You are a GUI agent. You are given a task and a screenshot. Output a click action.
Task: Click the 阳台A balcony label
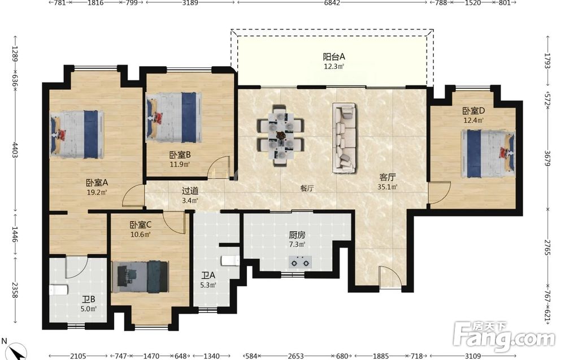pos(334,57)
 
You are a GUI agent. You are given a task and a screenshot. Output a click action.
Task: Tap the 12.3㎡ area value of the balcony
pos(334,66)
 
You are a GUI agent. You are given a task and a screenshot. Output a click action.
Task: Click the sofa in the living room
pos(344,137)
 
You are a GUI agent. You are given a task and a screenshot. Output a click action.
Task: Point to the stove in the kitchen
pos(300,262)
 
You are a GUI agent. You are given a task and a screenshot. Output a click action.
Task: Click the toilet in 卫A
pos(231,260)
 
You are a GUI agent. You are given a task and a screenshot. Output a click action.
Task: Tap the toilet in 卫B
pos(58,290)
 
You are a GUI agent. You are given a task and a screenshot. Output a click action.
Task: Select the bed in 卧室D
pos(488,154)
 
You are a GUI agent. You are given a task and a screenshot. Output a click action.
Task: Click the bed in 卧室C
pos(140,276)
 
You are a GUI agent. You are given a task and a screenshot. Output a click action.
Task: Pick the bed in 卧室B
pos(173,117)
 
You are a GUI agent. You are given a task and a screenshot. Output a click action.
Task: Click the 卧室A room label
pos(97,183)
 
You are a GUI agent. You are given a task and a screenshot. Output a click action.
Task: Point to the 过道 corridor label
pos(190,191)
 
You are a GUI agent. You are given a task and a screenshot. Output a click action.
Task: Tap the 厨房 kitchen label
pos(297,235)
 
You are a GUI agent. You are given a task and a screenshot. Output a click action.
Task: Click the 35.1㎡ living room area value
pos(388,187)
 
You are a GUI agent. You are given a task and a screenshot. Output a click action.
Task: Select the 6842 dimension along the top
pos(332,3)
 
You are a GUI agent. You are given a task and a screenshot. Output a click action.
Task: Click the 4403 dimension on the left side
pos(15,150)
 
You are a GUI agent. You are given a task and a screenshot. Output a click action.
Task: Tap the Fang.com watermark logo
pos(505,336)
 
